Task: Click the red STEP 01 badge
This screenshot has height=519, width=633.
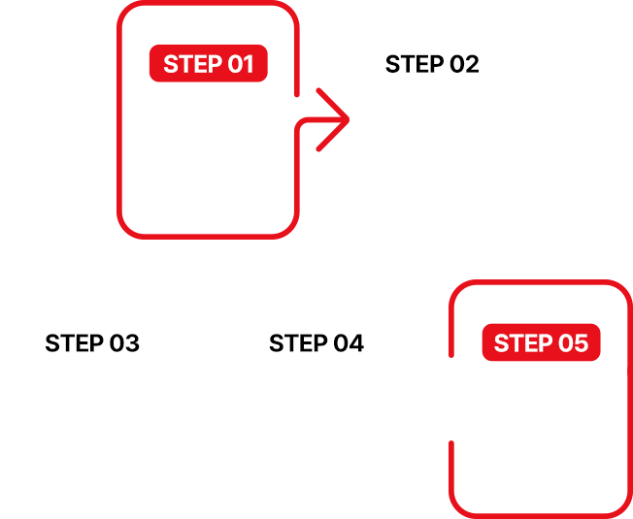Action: coord(209,63)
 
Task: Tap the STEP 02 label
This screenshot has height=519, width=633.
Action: coord(432,64)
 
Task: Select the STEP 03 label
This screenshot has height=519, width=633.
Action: coord(92,343)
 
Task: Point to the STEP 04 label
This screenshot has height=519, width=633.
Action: coord(316,343)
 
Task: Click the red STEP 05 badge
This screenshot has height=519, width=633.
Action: coord(541,342)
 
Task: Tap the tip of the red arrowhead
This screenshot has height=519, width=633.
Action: coord(349,119)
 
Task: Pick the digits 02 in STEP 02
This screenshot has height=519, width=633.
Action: coord(464,64)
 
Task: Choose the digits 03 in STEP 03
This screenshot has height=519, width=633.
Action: coord(124,343)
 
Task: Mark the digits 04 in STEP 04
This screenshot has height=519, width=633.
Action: coord(349,343)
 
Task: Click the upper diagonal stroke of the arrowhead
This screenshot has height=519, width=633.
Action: coord(333,105)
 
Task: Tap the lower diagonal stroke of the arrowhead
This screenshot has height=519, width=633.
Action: coord(333,135)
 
